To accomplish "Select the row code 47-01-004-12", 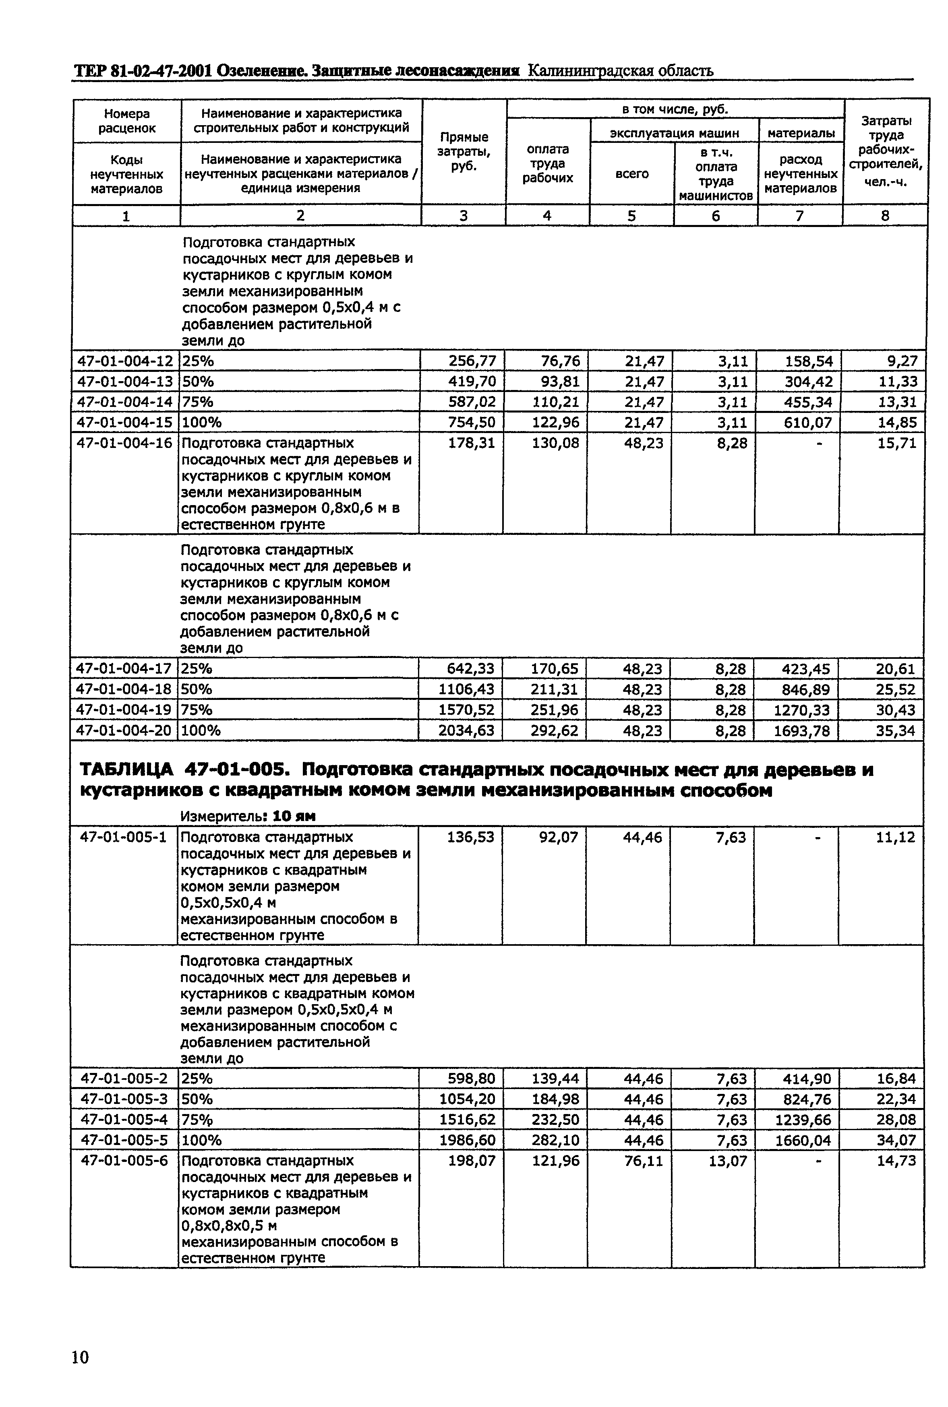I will point(125,361).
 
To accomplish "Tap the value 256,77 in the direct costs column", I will point(472,361).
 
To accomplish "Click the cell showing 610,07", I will point(808,422).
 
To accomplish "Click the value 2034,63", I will point(466,731).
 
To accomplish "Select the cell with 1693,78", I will point(802,731).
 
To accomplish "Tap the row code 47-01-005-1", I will point(123,837).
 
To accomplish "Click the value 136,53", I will point(470,837).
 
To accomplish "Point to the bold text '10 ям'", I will point(294,816).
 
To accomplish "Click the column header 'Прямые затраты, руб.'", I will point(464,152).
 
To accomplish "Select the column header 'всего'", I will point(632,174).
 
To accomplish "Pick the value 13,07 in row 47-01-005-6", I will point(728,1161).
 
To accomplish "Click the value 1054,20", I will point(467,1099).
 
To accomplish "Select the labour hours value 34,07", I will point(896,1140).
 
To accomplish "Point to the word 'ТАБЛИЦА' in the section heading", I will point(126,771).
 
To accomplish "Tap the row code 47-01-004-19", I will point(123,710).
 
